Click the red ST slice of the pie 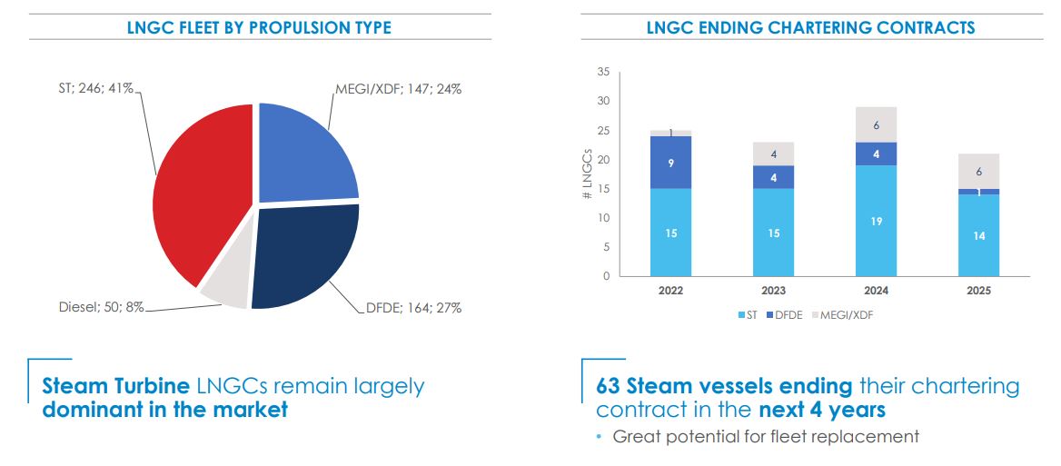195,191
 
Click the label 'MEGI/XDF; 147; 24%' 398,89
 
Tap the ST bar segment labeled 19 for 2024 877,221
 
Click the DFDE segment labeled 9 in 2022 670,163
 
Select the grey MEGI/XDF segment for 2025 979,171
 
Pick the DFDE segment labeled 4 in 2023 774,177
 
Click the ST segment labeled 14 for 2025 979,235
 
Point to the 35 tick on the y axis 603,72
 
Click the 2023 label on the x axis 774,291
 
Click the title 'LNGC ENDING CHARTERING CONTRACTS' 810,27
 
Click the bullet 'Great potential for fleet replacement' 765,437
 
